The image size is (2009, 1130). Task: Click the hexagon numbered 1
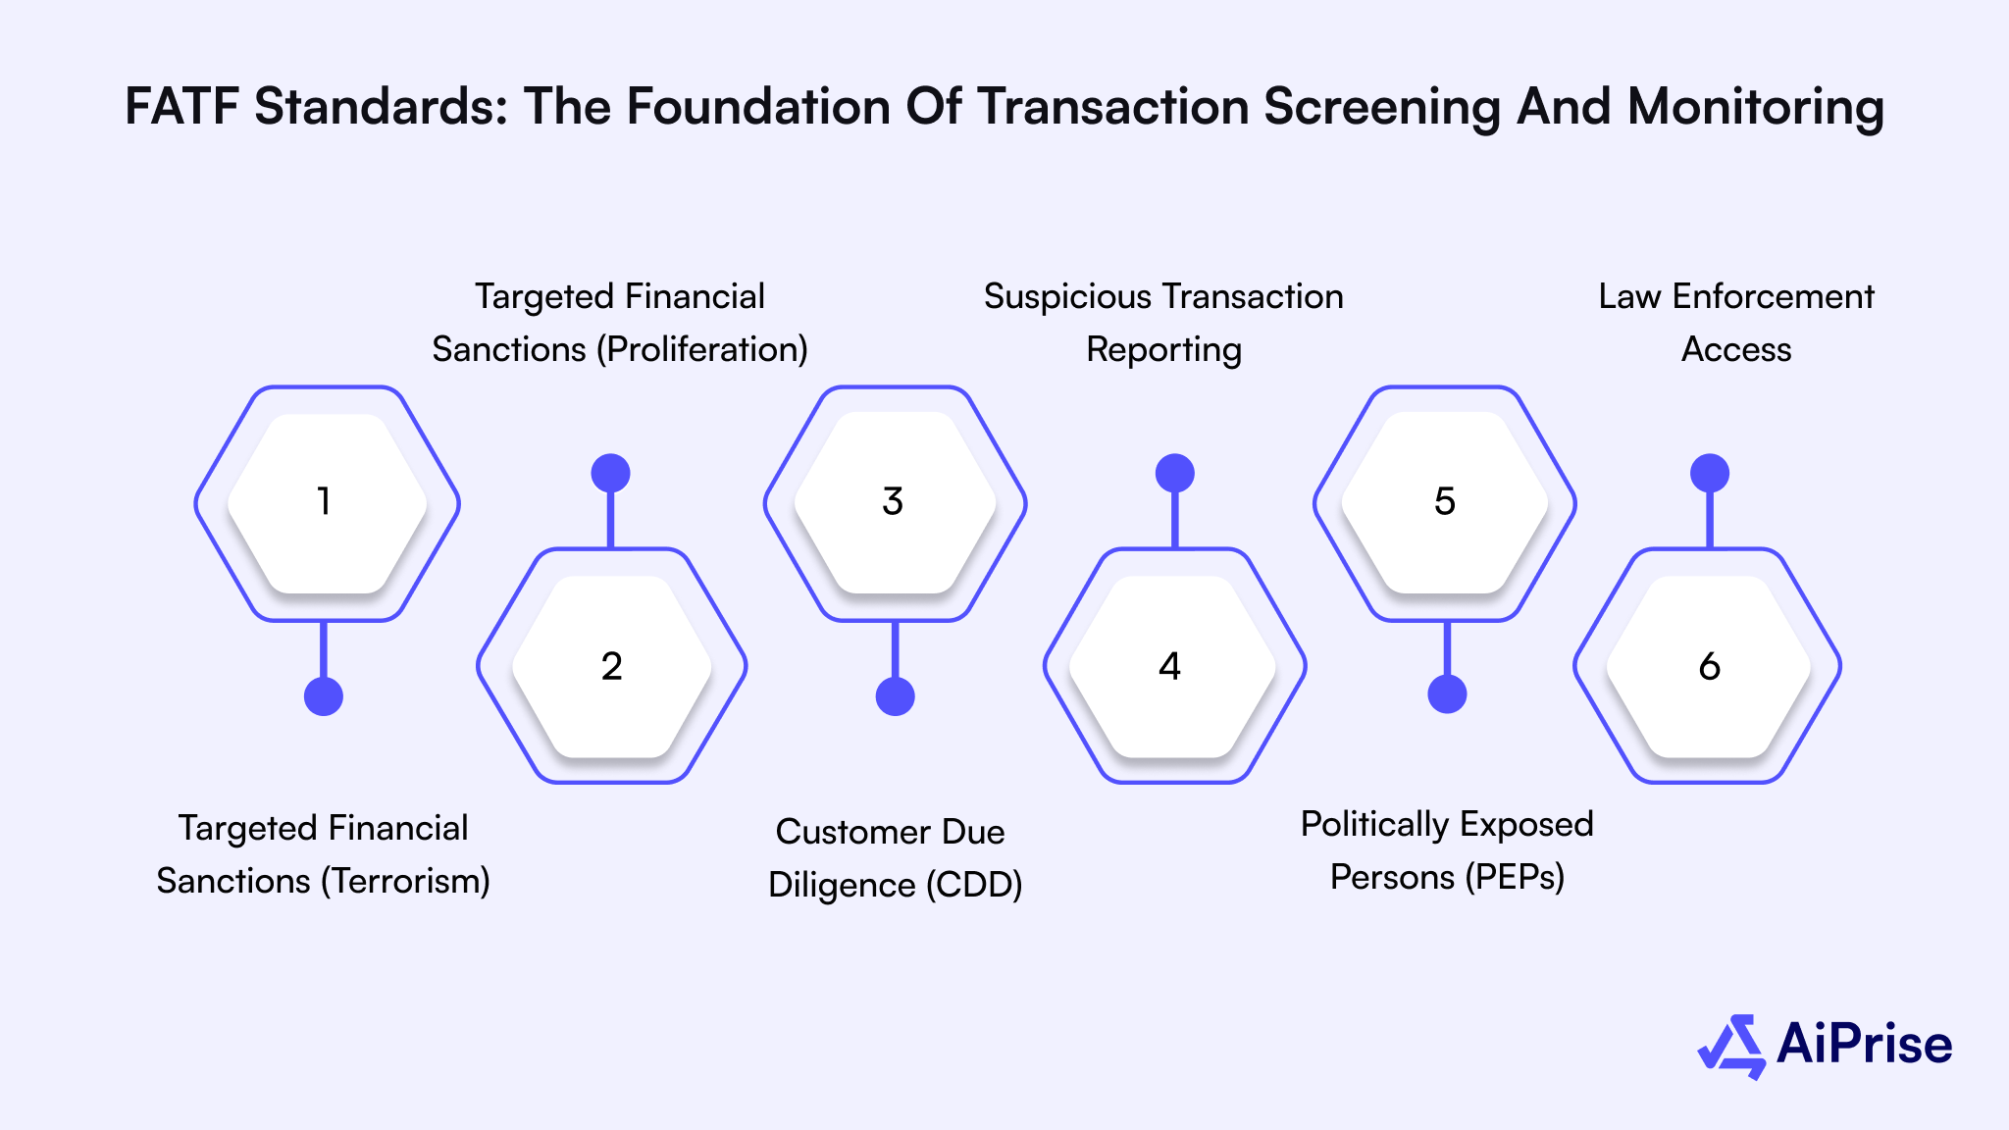click(x=327, y=503)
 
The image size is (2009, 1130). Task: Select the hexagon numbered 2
click(x=611, y=666)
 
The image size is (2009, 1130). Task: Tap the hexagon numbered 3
click(x=895, y=503)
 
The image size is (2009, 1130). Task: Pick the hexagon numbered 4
click(x=1174, y=666)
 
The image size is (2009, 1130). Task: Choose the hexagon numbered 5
click(x=1445, y=503)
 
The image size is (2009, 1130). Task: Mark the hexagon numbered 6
click(x=1708, y=666)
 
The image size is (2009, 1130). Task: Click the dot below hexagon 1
click(x=324, y=696)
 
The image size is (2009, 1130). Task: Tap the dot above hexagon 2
click(x=610, y=474)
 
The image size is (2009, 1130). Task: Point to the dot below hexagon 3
click(x=895, y=696)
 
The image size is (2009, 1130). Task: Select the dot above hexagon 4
click(x=1174, y=474)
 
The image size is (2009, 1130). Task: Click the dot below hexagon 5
click(x=1447, y=694)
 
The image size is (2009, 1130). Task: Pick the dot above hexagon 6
click(x=1710, y=474)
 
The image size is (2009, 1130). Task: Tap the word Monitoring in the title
click(x=1755, y=108)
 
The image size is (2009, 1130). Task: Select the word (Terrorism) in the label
click(x=405, y=881)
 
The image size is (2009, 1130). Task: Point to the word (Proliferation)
click(x=701, y=349)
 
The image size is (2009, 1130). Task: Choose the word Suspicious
click(x=1067, y=296)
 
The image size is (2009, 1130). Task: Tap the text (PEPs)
click(x=1515, y=877)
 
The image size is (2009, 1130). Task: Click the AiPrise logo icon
click(x=1731, y=1046)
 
